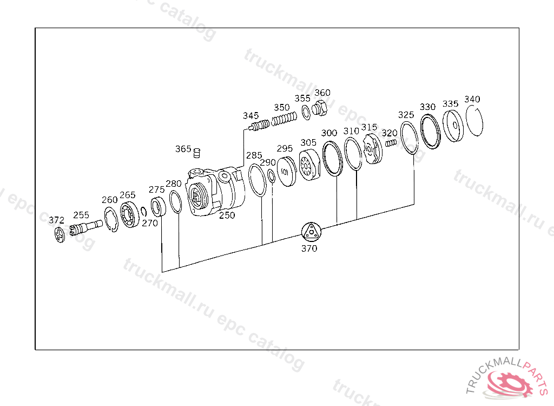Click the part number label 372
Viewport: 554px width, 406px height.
(x=56, y=220)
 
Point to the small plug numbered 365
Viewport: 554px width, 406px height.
(x=197, y=153)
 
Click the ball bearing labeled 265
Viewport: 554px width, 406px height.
(x=129, y=214)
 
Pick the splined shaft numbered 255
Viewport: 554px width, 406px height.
(x=86, y=227)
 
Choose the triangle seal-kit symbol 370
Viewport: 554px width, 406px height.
(x=311, y=232)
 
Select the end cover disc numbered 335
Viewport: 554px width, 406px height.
(x=453, y=126)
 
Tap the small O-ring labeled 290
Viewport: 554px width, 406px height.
(x=272, y=176)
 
